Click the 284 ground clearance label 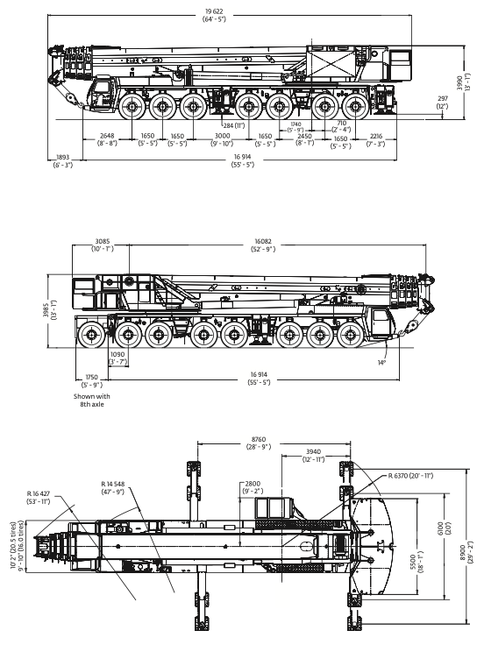234,125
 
